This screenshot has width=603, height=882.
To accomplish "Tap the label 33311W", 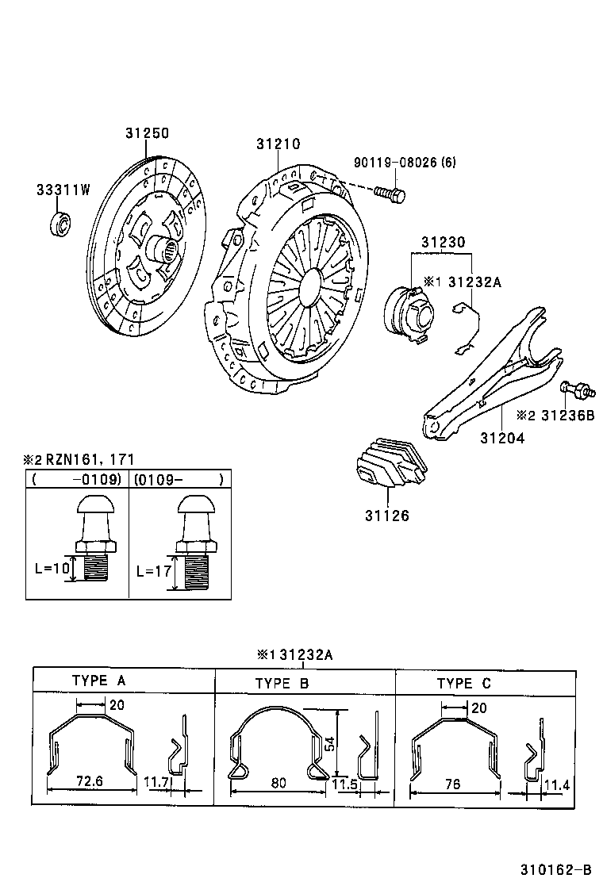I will tap(63, 190).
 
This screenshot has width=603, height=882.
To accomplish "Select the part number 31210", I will tap(278, 144).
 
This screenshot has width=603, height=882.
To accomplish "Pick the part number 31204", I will tap(501, 437).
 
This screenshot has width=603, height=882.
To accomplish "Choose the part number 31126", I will tap(387, 516).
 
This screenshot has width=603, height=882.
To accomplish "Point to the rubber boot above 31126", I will tap(391, 468).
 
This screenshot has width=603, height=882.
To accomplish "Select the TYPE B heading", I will tap(282, 683).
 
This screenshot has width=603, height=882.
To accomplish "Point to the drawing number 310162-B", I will tap(556, 867).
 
